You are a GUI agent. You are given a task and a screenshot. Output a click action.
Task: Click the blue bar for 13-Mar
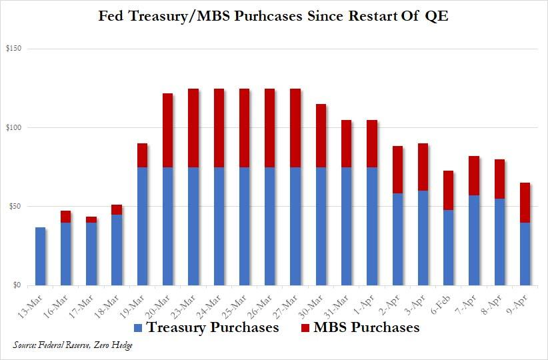41,257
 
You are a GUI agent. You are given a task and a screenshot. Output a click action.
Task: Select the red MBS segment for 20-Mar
168,130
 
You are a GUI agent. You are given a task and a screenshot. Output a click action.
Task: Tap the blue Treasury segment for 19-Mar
143,226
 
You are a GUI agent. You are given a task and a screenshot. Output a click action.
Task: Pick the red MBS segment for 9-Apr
525,203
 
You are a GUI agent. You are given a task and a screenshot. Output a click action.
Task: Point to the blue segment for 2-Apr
397,239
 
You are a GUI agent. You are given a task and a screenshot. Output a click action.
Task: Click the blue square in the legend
138,328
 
